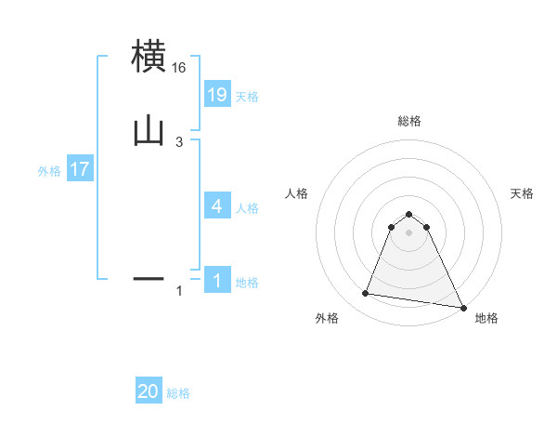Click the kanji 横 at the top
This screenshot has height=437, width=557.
coord(149,57)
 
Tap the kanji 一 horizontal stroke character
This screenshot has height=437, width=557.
coord(149,277)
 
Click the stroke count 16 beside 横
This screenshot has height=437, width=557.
coord(179,68)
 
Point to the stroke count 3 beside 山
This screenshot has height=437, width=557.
coord(179,141)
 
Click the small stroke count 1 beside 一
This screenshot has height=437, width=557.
coord(179,291)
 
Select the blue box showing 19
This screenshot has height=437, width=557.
coord(217,95)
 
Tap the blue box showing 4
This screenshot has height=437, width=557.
coord(217,205)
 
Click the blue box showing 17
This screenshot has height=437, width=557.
coord(80,170)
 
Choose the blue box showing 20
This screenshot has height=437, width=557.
coord(149,391)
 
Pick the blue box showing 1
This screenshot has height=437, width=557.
coord(217,281)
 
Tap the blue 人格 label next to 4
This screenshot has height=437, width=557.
coord(247,207)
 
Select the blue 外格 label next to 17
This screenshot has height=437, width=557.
coord(48,171)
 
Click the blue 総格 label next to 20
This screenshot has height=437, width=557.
coord(178,393)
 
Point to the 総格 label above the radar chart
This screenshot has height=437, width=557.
coord(409,121)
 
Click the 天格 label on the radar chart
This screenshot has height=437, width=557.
coord(523,193)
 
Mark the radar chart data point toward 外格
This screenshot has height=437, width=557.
coord(366,294)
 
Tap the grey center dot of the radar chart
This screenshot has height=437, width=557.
coord(409,232)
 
